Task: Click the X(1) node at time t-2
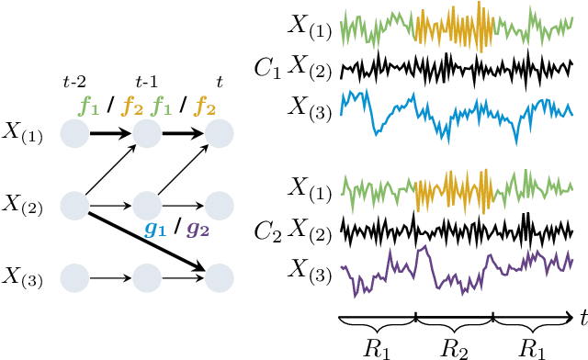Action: point(73,136)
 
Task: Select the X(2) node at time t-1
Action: point(147,203)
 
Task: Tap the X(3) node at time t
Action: point(219,274)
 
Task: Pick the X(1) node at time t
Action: point(219,136)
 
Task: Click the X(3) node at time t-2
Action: point(73,274)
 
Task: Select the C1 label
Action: point(269,67)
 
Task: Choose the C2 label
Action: point(269,224)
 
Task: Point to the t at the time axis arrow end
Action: point(582,317)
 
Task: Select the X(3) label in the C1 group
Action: point(310,107)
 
